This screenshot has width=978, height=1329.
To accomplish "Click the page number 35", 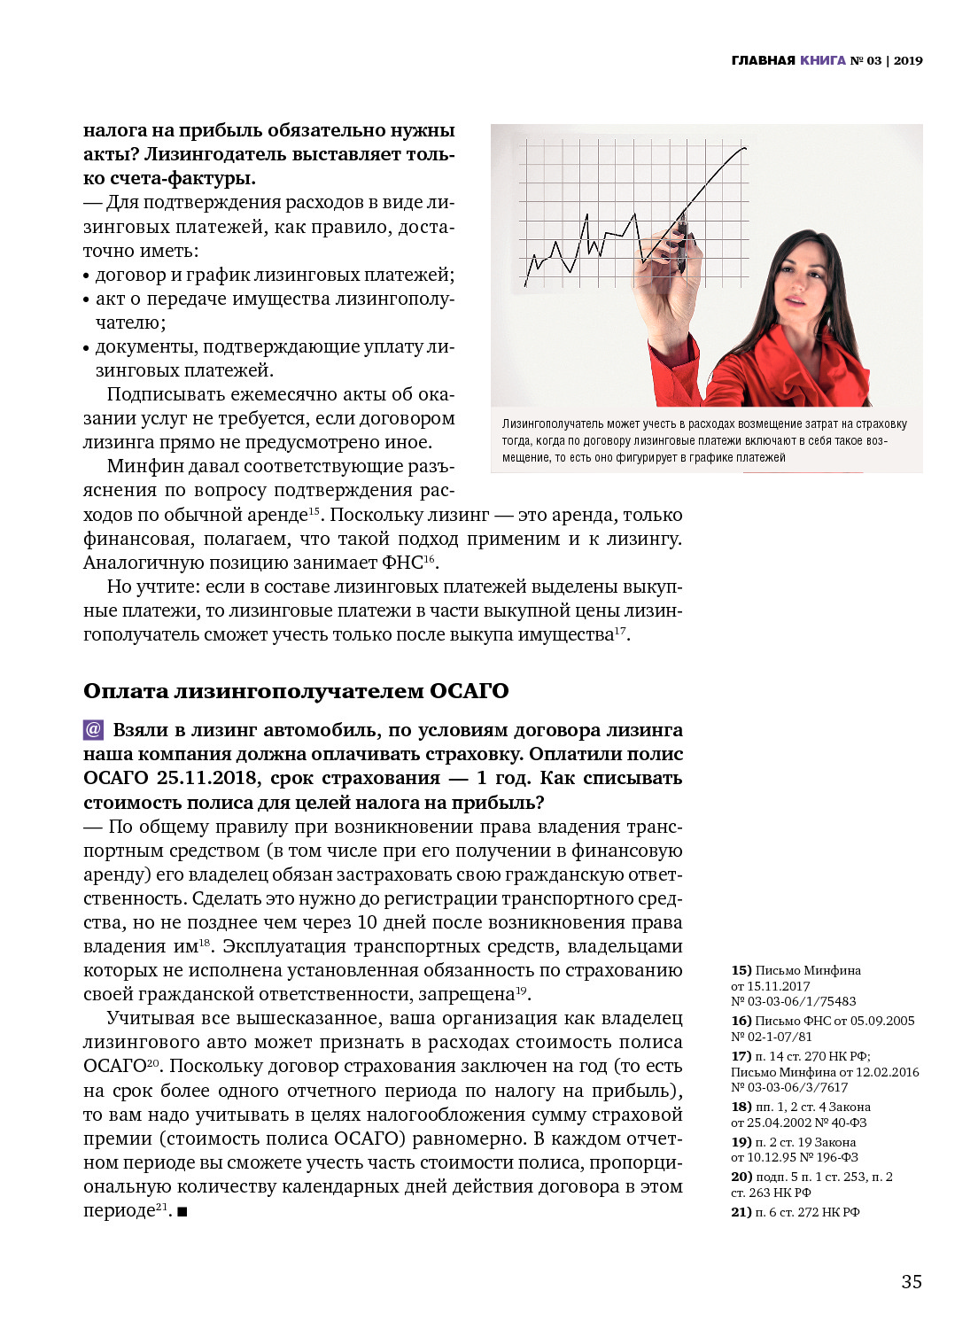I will coord(912,1281).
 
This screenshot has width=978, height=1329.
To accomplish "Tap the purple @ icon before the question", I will coord(93,730).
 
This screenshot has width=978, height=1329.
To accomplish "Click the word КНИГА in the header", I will coord(823,60).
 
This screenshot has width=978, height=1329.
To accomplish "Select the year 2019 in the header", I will coord(908,60).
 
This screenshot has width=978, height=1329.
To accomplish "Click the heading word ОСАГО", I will coord(469,691).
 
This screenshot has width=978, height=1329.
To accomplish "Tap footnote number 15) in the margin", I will coord(741,970).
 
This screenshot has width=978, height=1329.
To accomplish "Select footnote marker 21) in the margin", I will coord(741,1212).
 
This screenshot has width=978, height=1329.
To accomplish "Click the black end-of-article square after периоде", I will coord(182,1211).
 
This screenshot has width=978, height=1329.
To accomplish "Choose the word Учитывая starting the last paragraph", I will coord(145,1018).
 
